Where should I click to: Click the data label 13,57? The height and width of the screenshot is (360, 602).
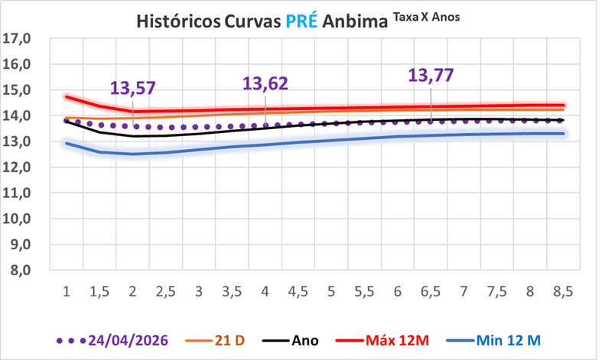(133, 88)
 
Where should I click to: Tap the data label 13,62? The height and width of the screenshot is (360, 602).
(265, 83)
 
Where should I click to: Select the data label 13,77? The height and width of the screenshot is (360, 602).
(431, 75)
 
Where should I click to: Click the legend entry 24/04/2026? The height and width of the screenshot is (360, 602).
(112, 340)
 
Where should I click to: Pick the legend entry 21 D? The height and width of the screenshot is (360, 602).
(215, 340)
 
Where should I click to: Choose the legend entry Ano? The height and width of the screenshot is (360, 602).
(290, 340)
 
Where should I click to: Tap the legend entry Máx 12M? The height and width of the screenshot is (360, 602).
(382, 340)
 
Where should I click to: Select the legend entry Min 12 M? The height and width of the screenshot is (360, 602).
(493, 340)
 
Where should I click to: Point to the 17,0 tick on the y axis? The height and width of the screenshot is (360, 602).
(17, 38)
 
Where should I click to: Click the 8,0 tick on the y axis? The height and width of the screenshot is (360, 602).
(21, 271)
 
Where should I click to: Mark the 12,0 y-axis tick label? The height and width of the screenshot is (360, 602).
(17, 167)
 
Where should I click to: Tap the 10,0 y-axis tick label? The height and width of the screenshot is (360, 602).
(17, 219)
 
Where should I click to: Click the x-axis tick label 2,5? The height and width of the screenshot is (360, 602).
(166, 292)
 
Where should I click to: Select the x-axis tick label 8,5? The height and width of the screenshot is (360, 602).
(563, 292)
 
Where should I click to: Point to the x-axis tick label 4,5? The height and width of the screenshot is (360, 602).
(298, 292)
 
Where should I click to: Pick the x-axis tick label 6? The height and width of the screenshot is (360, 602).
(397, 292)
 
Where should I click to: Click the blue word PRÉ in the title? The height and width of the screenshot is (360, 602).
(301, 21)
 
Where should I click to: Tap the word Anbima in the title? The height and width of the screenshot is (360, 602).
(355, 21)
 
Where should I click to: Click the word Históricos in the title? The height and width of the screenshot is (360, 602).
(178, 21)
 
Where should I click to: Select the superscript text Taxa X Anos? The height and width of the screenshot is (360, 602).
(426, 18)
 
